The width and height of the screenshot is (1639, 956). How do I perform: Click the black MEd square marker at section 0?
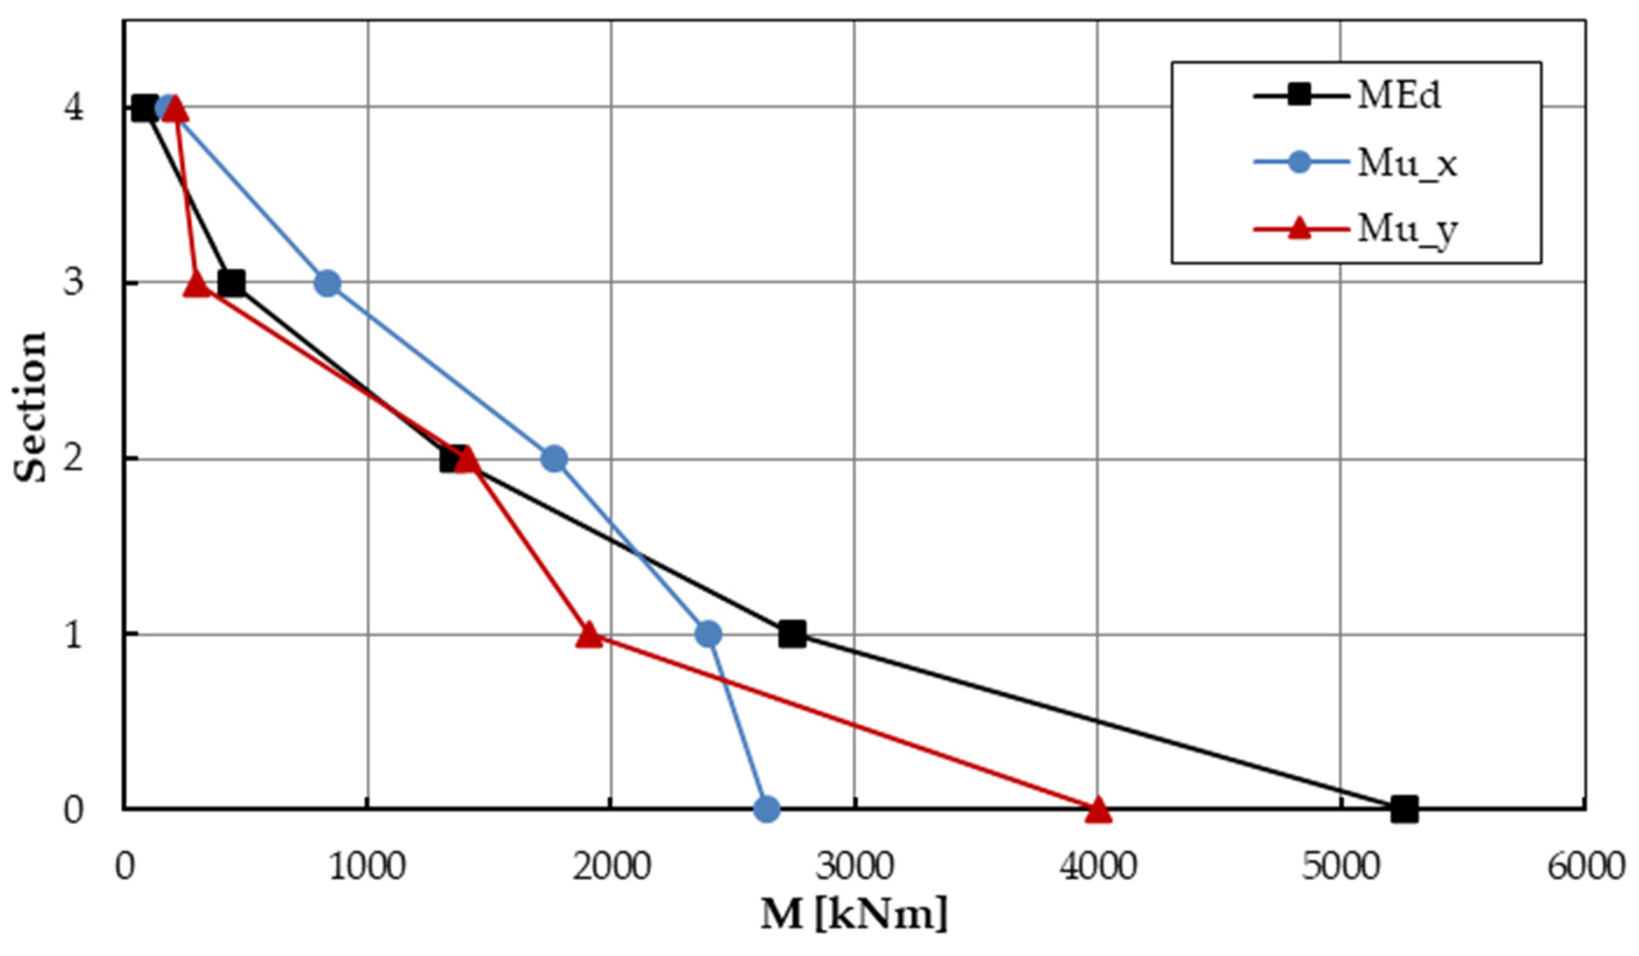1404,809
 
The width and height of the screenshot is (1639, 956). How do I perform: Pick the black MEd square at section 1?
792,634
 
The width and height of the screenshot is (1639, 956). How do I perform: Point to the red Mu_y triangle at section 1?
589,635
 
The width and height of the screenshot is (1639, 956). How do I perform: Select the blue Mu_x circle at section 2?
554,458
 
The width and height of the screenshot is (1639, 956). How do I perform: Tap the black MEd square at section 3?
231,283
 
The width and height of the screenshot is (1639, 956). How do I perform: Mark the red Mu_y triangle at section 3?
197,285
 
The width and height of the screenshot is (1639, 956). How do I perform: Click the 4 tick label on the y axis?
74,107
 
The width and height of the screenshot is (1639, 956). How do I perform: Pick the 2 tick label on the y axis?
74,458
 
